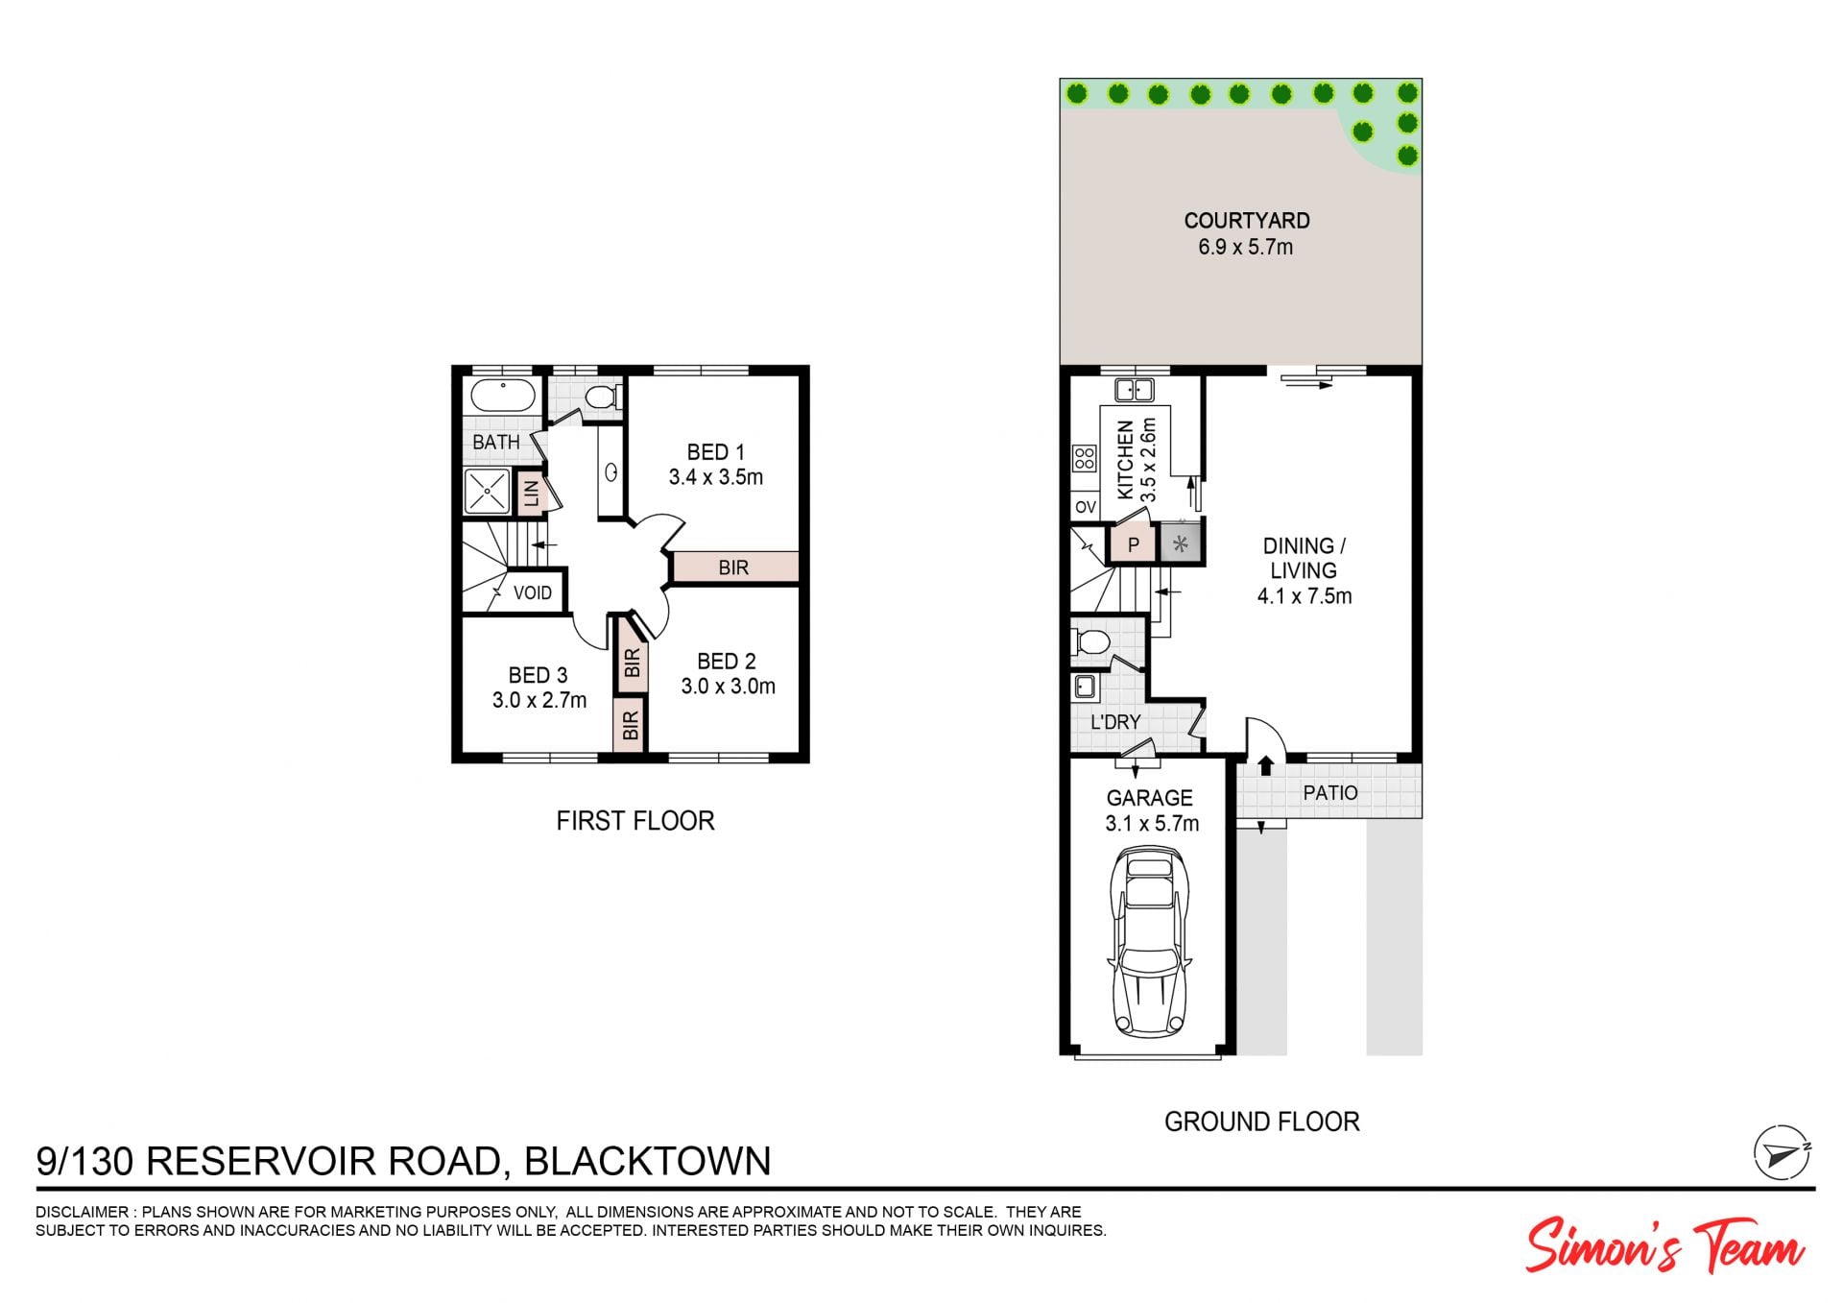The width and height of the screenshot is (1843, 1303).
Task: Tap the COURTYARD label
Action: click(1246, 221)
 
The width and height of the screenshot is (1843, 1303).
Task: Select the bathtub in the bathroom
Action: click(502, 396)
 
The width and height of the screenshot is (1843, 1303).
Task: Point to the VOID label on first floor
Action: click(533, 593)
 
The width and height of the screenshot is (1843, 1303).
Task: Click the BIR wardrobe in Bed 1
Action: click(734, 567)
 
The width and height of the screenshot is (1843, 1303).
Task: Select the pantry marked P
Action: click(1133, 544)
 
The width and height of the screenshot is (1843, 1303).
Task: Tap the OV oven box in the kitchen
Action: click(1086, 507)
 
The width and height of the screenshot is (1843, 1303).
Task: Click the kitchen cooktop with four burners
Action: click(1085, 458)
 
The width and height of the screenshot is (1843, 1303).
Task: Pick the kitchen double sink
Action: click(1135, 390)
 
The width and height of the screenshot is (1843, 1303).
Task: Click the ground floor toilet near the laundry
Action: click(1091, 642)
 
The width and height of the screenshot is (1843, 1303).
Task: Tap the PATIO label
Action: click(1330, 793)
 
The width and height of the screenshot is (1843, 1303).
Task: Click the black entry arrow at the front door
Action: click(1265, 765)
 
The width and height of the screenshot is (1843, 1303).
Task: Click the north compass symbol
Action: click(1782, 1152)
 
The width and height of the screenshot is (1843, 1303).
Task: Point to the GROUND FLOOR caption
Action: click(1261, 1122)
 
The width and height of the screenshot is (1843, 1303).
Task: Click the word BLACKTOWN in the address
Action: click(648, 1161)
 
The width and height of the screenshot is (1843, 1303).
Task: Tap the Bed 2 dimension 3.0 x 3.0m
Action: click(729, 687)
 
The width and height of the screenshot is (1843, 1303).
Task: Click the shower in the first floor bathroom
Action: click(487, 491)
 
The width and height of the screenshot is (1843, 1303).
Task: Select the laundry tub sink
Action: click(1085, 686)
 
